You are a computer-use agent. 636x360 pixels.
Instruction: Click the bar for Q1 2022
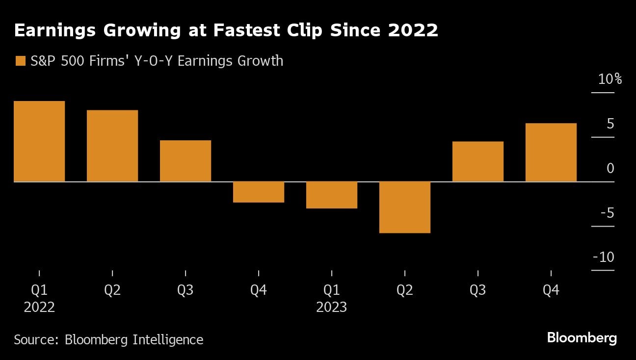(39, 141)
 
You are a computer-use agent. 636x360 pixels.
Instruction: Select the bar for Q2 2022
(112, 146)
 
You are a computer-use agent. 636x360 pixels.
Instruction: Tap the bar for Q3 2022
(185, 161)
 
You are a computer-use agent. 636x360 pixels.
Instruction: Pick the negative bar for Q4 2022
(259, 192)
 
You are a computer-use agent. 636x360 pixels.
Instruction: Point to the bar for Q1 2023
(332, 195)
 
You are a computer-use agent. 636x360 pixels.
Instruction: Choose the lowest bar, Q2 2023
(405, 207)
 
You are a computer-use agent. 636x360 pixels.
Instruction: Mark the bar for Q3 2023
(478, 161)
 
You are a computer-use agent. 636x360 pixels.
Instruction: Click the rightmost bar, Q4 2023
(551, 152)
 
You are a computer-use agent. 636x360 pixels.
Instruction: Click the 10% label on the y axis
(609, 79)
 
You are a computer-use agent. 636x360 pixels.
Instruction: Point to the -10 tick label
(603, 257)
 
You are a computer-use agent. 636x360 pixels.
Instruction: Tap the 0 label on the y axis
(610, 168)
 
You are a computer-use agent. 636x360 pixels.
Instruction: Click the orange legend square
(20, 61)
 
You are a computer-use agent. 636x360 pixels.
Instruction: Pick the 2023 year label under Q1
(332, 308)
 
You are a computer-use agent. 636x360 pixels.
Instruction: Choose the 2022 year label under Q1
(39, 308)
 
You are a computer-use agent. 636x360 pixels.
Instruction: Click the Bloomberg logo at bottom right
(582, 338)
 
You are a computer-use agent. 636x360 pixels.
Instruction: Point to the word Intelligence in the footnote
(168, 339)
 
